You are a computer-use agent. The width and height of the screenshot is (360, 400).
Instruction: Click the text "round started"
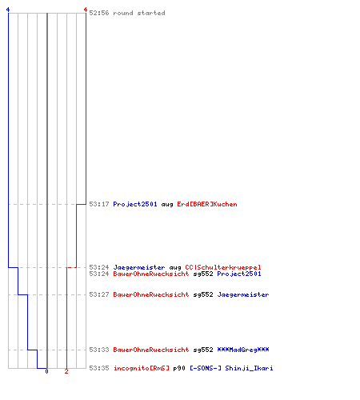point(139,13)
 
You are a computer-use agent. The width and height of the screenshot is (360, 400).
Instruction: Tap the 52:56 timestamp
point(99,13)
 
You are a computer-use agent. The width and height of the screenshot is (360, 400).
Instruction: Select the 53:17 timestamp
point(99,204)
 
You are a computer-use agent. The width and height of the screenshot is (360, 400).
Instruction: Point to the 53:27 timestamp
point(99,294)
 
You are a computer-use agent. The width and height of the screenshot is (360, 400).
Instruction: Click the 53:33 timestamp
point(99,350)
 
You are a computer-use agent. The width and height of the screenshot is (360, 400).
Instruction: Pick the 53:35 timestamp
point(99,368)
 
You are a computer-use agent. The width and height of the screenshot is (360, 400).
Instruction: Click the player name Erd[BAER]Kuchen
point(207,204)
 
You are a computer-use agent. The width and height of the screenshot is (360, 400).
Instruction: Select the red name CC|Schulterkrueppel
point(223,267)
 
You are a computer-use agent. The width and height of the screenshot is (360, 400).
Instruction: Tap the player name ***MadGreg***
point(243,350)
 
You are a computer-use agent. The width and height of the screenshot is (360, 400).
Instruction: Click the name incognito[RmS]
point(142,368)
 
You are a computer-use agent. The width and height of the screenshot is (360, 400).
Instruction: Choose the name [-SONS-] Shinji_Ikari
point(231,368)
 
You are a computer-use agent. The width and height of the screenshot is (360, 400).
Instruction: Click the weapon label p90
point(179,369)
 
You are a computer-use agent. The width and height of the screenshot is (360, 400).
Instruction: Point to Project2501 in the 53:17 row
point(135,204)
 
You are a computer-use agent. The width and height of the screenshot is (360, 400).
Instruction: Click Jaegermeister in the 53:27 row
point(243,294)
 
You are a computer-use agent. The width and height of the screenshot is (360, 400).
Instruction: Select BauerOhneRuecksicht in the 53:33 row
point(151,350)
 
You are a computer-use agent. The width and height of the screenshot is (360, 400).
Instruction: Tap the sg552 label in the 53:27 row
point(203,295)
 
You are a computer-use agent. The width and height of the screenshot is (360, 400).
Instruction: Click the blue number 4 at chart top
point(8,10)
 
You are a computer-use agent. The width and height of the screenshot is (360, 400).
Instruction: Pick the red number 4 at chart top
point(86,10)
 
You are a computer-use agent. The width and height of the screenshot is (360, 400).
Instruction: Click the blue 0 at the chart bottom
point(46,371)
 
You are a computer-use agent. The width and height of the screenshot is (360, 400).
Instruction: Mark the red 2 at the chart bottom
point(66,371)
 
